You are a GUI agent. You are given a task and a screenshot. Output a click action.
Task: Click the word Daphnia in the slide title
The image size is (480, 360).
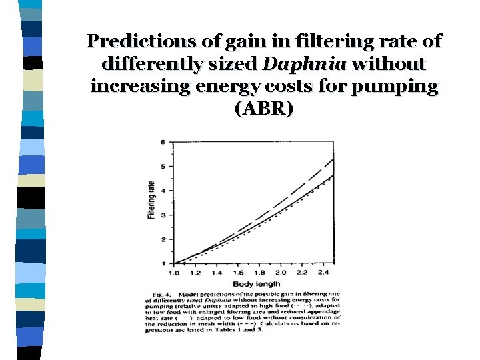tap(305, 64)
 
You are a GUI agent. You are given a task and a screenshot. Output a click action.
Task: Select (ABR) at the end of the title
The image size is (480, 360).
tap(264, 109)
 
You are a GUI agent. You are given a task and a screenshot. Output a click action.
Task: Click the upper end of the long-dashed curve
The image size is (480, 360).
tap(332, 159)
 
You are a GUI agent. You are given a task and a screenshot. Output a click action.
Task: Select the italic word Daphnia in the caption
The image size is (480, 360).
tap(204, 300)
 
